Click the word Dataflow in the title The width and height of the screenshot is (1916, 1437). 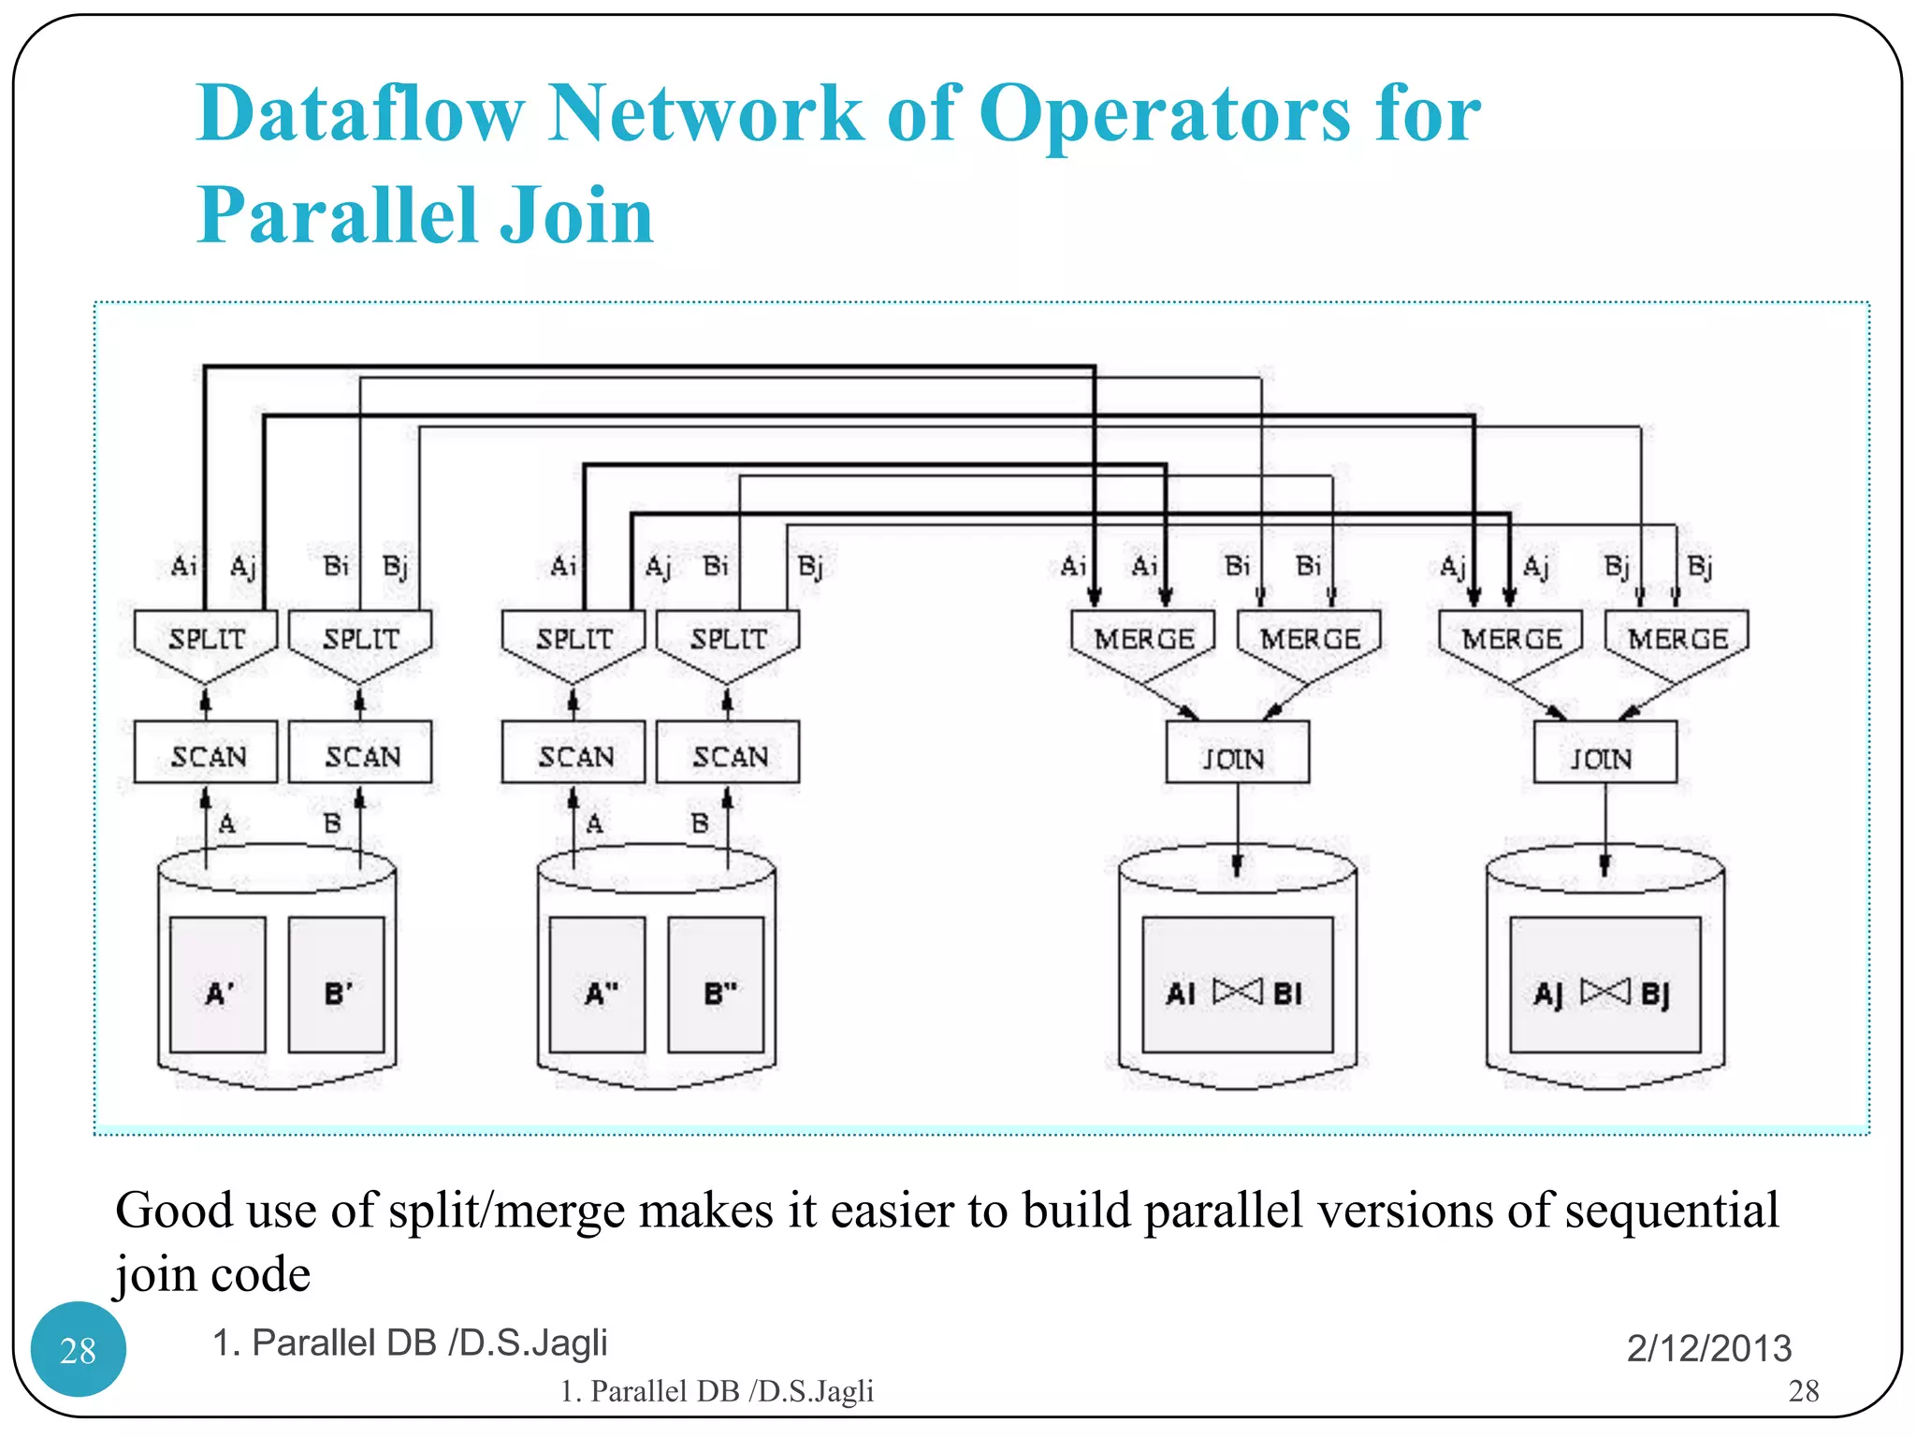tap(359, 113)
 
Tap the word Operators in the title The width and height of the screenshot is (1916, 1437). tap(1164, 115)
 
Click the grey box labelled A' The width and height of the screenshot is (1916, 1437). tap(218, 984)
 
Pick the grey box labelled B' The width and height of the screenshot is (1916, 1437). tap(337, 984)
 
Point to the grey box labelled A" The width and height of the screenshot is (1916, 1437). tap(598, 984)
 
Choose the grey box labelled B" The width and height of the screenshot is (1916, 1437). tap(717, 984)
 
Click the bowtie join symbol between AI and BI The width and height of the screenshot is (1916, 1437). tap(1238, 991)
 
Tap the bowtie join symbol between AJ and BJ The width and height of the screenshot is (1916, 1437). tap(1605, 991)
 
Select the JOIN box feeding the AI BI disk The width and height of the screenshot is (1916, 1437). tap(1237, 752)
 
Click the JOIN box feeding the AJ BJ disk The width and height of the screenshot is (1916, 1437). tap(1604, 752)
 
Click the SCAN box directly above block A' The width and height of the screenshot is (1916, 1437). tap(206, 752)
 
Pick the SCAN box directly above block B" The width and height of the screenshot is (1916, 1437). tap(728, 752)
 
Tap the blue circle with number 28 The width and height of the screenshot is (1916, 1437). tap(79, 1349)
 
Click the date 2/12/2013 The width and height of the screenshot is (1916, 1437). tap(1708, 1348)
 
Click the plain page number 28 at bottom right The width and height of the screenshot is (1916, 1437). tap(1803, 1391)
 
